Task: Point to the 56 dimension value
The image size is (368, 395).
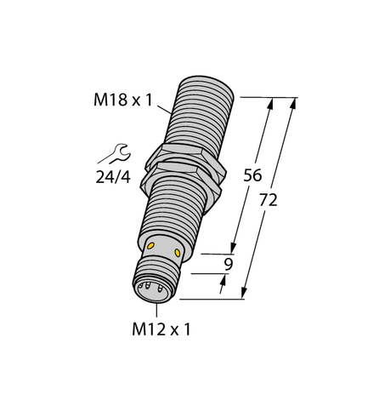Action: click(x=252, y=176)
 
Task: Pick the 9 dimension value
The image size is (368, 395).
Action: click(x=227, y=265)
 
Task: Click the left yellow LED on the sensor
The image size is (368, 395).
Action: click(x=152, y=246)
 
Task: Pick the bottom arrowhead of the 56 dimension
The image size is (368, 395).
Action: click(x=232, y=249)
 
